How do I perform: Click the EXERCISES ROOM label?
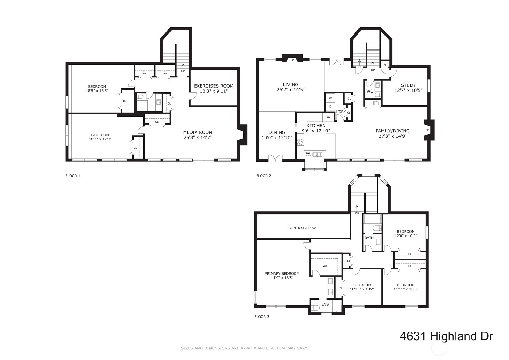214,86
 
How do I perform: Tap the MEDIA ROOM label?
198,132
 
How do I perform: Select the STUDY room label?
408,85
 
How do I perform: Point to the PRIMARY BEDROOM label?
282,274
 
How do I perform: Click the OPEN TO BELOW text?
301,228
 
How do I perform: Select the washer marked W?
330,98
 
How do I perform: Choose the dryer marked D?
330,107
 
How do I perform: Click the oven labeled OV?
329,117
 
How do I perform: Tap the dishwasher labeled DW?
308,153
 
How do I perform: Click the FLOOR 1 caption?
73,176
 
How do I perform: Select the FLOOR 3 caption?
262,317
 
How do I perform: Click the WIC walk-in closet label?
325,266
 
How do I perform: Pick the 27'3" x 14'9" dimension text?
393,136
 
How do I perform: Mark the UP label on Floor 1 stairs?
183,71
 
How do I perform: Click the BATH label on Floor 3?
369,238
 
